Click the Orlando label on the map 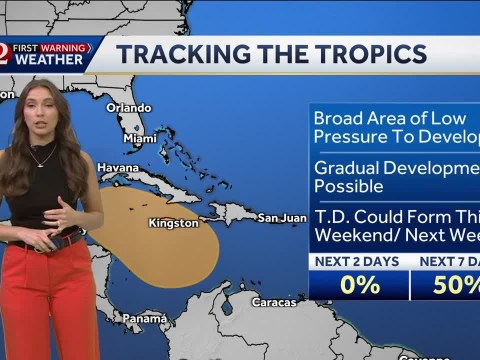point(128,108)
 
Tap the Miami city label point(139,138)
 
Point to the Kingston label point(173,223)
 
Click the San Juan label point(281,217)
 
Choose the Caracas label point(273,301)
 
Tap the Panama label point(145,318)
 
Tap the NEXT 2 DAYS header point(358,262)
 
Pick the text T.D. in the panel point(332,216)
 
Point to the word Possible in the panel point(349,186)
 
